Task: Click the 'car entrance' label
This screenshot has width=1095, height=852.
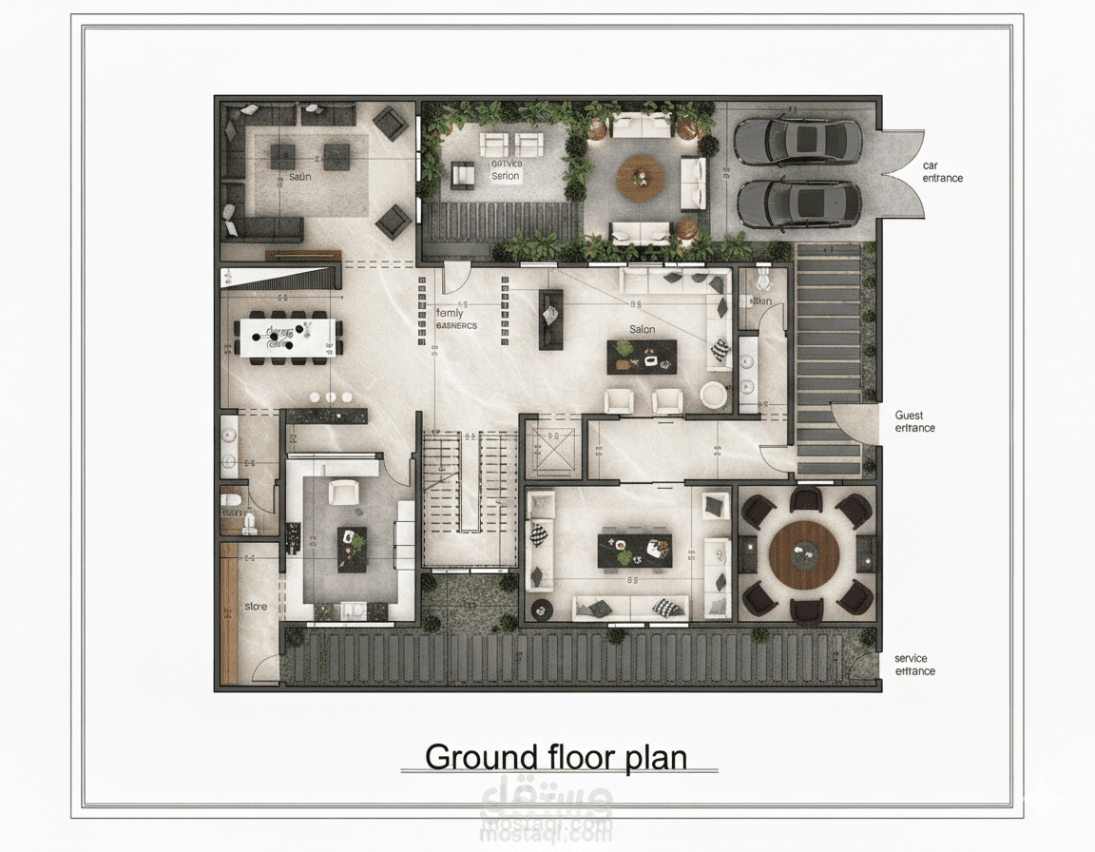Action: tap(942, 172)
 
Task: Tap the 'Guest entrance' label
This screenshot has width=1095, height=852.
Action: tap(914, 421)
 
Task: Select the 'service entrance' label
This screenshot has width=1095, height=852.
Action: tap(914, 665)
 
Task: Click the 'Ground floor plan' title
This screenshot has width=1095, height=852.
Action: tap(556, 757)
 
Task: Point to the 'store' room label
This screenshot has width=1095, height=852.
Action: tap(256, 606)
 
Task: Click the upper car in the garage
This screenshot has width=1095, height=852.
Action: tap(797, 141)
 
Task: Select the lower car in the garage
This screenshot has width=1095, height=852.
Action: tap(797, 203)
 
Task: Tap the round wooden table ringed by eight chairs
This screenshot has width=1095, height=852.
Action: tap(804, 556)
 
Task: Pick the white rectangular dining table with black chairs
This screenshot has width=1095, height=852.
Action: tap(288, 337)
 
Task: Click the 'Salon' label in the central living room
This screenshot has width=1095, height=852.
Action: tap(642, 329)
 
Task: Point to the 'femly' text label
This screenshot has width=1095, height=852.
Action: tap(450, 313)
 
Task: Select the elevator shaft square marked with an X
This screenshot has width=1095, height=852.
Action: tap(554, 449)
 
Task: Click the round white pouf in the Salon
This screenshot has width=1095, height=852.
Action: tap(714, 395)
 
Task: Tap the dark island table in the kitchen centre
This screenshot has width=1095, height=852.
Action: tap(352, 549)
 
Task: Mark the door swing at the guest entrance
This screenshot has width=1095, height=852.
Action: tap(854, 424)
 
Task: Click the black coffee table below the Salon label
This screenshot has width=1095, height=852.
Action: tap(642, 357)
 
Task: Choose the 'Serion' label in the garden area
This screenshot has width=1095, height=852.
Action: tap(505, 176)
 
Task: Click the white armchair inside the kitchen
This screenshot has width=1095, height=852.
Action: tap(342, 493)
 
